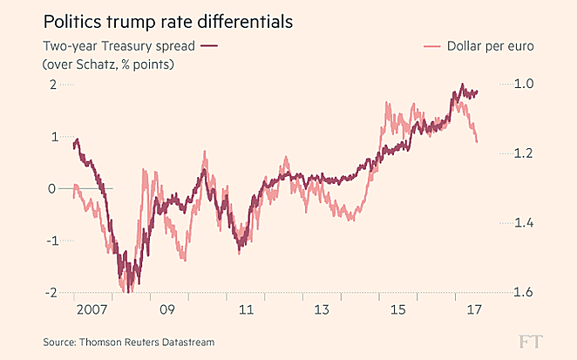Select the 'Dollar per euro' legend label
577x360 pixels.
[x=490, y=45]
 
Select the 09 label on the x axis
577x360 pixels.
[x=166, y=309]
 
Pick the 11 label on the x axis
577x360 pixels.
[x=247, y=309]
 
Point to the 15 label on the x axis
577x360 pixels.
[x=397, y=309]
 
